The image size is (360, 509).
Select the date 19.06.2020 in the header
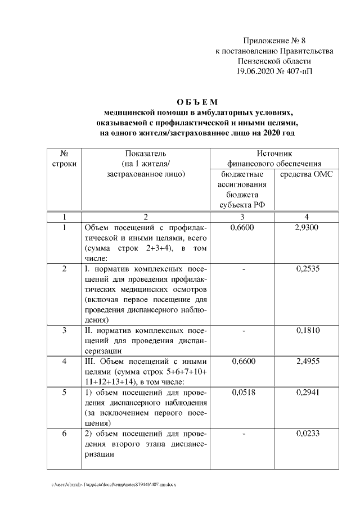pyautogui.click(x=255, y=71)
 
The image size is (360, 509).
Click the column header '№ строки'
pyautogui.click(x=64, y=158)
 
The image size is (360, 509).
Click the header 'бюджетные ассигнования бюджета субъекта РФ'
pyautogui.click(x=242, y=189)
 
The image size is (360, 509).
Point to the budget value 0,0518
pyautogui.click(x=244, y=392)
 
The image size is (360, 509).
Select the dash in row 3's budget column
pyautogui.click(x=244, y=330)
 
